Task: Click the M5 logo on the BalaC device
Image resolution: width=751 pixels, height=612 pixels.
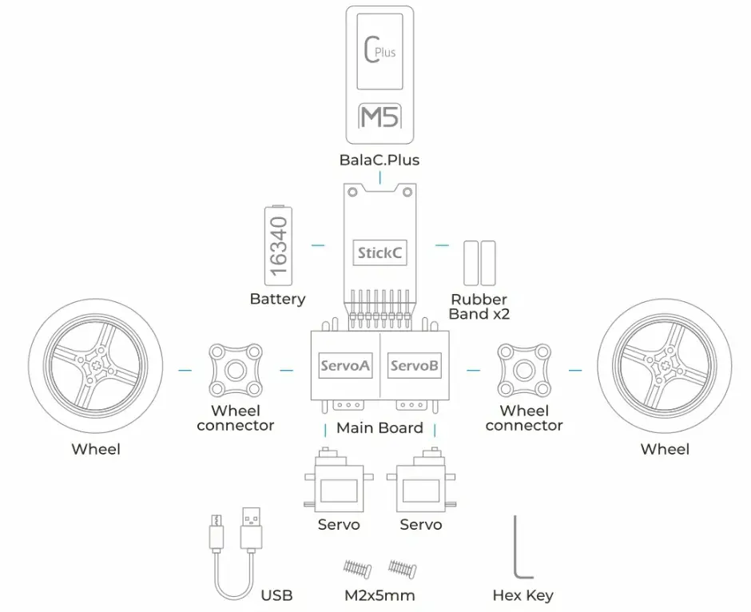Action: click(379, 117)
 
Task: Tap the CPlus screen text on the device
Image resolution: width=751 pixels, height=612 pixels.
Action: click(379, 54)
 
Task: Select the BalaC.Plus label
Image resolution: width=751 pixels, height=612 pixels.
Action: click(379, 160)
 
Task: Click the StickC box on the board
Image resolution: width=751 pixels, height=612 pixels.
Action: click(379, 253)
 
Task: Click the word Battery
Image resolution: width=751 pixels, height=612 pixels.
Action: click(277, 299)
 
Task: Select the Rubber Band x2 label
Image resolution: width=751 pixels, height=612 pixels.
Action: click(479, 306)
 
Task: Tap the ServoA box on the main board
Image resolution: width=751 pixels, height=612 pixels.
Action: click(344, 366)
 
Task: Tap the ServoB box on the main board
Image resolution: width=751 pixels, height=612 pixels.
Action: click(413, 366)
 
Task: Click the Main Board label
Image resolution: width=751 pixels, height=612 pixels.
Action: click(379, 427)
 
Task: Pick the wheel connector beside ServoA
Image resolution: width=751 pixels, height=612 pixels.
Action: click(236, 370)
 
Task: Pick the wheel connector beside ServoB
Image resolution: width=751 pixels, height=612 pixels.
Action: click(524, 370)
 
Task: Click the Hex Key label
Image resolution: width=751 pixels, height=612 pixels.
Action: click(523, 595)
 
